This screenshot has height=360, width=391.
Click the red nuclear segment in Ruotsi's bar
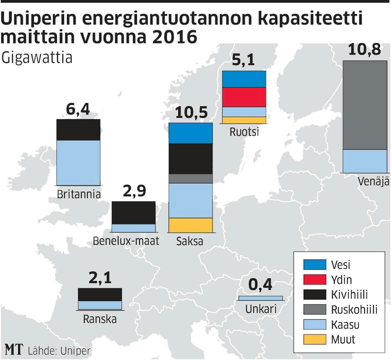click(x=244, y=97)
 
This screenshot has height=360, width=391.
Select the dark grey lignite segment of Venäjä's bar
click(x=365, y=105)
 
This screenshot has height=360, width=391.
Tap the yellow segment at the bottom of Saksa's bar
click(x=190, y=225)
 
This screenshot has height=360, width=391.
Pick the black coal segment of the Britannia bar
click(x=78, y=129)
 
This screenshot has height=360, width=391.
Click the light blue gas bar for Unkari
click(x=260, y=298)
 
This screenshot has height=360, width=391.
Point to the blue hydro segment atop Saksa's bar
click(x=190, y=133)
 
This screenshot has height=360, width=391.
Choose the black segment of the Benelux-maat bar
click(x=134, y=213)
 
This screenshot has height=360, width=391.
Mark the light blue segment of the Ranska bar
click(x=100, y=305)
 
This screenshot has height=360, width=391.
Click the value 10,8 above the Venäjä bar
click(x=365, y=50)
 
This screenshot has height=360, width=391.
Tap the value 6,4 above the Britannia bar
click(x=78, y=109)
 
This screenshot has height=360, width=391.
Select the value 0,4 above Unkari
click(x=260, y=285)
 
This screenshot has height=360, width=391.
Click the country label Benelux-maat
click(x=126, y=241)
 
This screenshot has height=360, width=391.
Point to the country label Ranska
click(x=100, y=319)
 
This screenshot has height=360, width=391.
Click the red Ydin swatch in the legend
click(x=314, y=280)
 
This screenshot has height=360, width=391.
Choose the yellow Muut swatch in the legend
click(x=314, y=339)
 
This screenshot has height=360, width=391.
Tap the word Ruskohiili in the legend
click(x=354, y=310)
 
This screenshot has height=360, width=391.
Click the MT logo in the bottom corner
click(x=14, y=350)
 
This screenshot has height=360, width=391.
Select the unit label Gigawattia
click(x=37, y=58)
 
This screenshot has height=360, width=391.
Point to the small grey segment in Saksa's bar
click(x=190, y=179)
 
